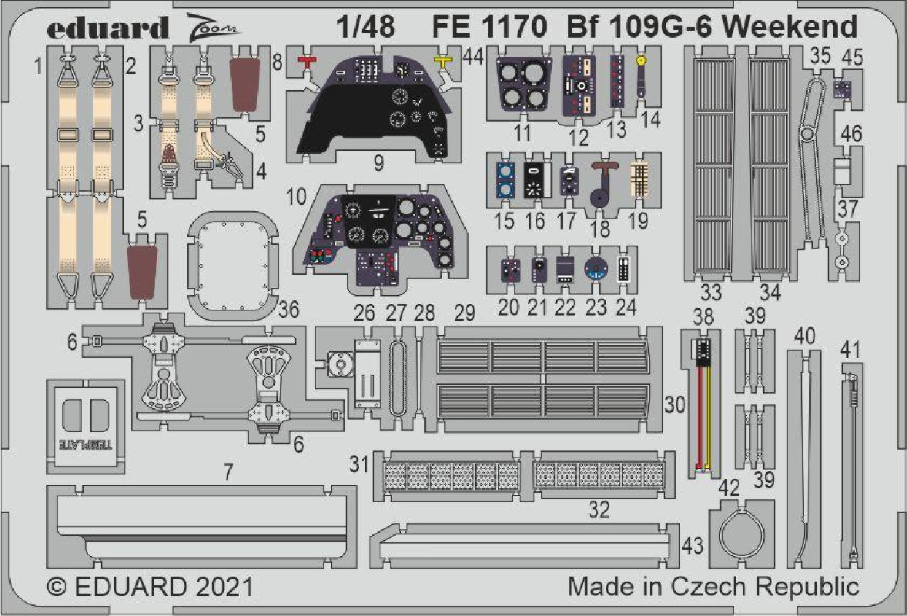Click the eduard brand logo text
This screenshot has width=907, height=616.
tap(108, 28)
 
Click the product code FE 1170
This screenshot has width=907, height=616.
tap(489, 27)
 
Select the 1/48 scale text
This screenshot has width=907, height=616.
tap(366, 27)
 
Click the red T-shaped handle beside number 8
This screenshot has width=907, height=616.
tap(306, 62)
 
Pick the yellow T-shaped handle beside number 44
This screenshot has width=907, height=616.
tap(443, 61)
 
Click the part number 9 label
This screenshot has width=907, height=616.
tap(378, 163)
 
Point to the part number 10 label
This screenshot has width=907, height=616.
tap(296, 196)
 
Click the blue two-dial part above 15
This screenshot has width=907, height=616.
tap(505, 180)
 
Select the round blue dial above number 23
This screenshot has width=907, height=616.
tap(595, 269)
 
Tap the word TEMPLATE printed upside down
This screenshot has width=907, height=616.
tap(86, 445)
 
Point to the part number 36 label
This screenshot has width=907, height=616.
tap(288, 310)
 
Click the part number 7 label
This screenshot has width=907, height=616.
tap(229, 472)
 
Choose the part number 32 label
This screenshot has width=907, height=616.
tap(599, 510)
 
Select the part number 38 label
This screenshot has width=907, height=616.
tap(703, 317)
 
